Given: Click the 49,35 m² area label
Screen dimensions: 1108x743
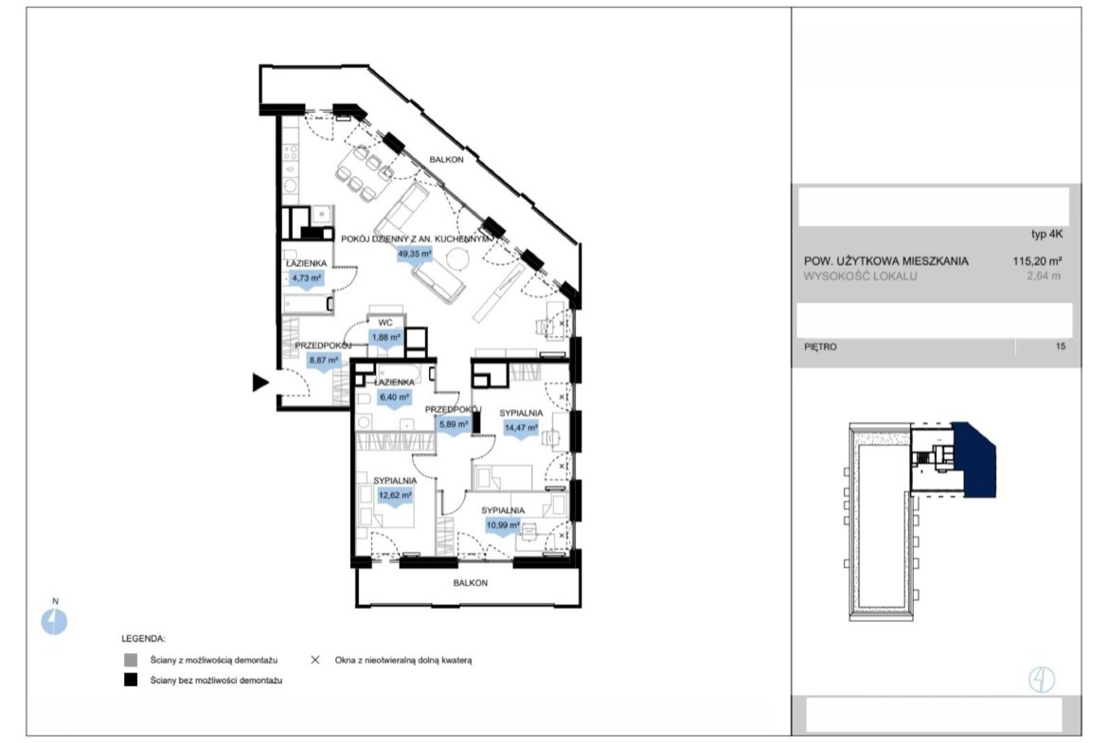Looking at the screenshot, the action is point(415,254).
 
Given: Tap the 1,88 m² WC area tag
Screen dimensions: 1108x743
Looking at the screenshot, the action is point(385,338).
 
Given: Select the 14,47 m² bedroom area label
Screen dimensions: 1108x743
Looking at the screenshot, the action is point(521,427).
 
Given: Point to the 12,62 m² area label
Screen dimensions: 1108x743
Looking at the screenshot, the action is point(395,495).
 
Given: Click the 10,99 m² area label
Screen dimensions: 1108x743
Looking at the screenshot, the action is point(503,524).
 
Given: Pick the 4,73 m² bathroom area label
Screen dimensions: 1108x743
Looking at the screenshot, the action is point(307,278).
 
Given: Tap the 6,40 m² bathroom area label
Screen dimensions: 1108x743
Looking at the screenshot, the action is point(394,397).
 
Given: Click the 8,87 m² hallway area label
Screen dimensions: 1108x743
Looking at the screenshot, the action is point(324,361).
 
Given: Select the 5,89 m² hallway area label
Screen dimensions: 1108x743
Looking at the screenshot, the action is point(454,424).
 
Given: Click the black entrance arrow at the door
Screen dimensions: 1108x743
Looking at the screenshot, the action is point(260,382).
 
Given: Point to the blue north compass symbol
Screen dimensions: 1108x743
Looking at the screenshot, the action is point(54,622).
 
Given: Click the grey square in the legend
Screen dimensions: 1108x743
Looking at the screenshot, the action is point(131,661).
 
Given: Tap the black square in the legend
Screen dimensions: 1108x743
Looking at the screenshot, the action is point(131,681).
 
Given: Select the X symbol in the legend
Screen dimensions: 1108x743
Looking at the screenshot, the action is point(315,660).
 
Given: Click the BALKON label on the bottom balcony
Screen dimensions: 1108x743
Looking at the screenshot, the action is point(471,583).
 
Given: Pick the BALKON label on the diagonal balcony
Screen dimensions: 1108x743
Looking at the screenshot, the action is point(447,160).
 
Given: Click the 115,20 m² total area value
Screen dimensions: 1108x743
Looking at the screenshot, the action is point(1037,260).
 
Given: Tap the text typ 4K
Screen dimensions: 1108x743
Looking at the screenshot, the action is point(1046,235).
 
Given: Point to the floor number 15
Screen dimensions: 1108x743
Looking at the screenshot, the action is point(1060,346).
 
